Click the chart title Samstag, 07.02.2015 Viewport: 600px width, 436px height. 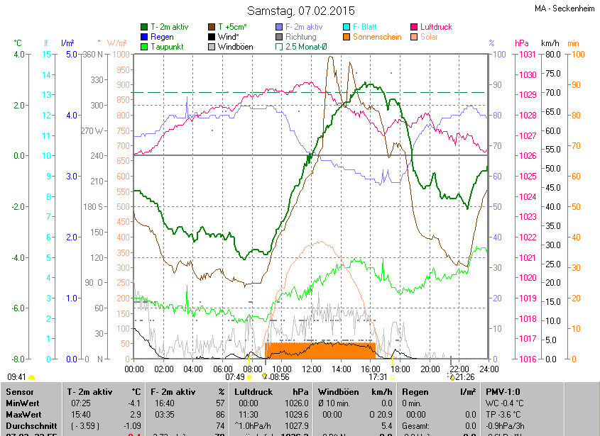click(x=301, y=11)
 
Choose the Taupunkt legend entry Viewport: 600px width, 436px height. click(x=167, y=47)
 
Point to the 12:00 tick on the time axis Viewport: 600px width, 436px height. click(x=311, y=369)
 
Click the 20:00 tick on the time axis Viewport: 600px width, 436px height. click(x=430, y=369)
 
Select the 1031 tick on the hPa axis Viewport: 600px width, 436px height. click(x=526, y=55)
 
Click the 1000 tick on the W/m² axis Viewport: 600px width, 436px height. click(x=121, y=55)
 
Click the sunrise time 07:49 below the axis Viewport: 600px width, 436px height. click(x=235, y=377)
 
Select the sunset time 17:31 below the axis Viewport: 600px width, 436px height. click(x=378, y=377)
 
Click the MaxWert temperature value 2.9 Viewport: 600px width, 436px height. click(x=135, y=413)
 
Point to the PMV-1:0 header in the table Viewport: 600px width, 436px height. click(x=503, y=391)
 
